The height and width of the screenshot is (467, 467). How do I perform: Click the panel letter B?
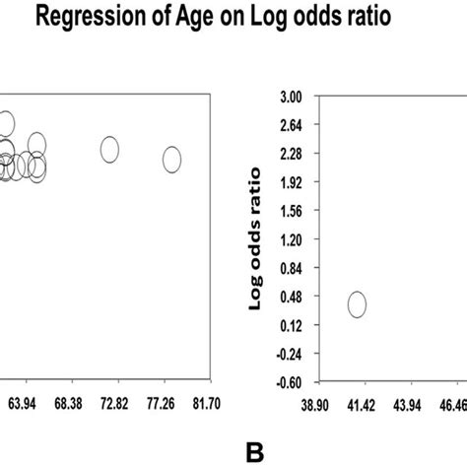[x=256, y=452]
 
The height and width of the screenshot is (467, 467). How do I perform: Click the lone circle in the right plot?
[x=357, y=304]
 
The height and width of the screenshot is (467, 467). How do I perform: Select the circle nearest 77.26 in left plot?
[x=171, y=159]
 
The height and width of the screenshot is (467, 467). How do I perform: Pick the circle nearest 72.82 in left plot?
[x=109, y=149]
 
